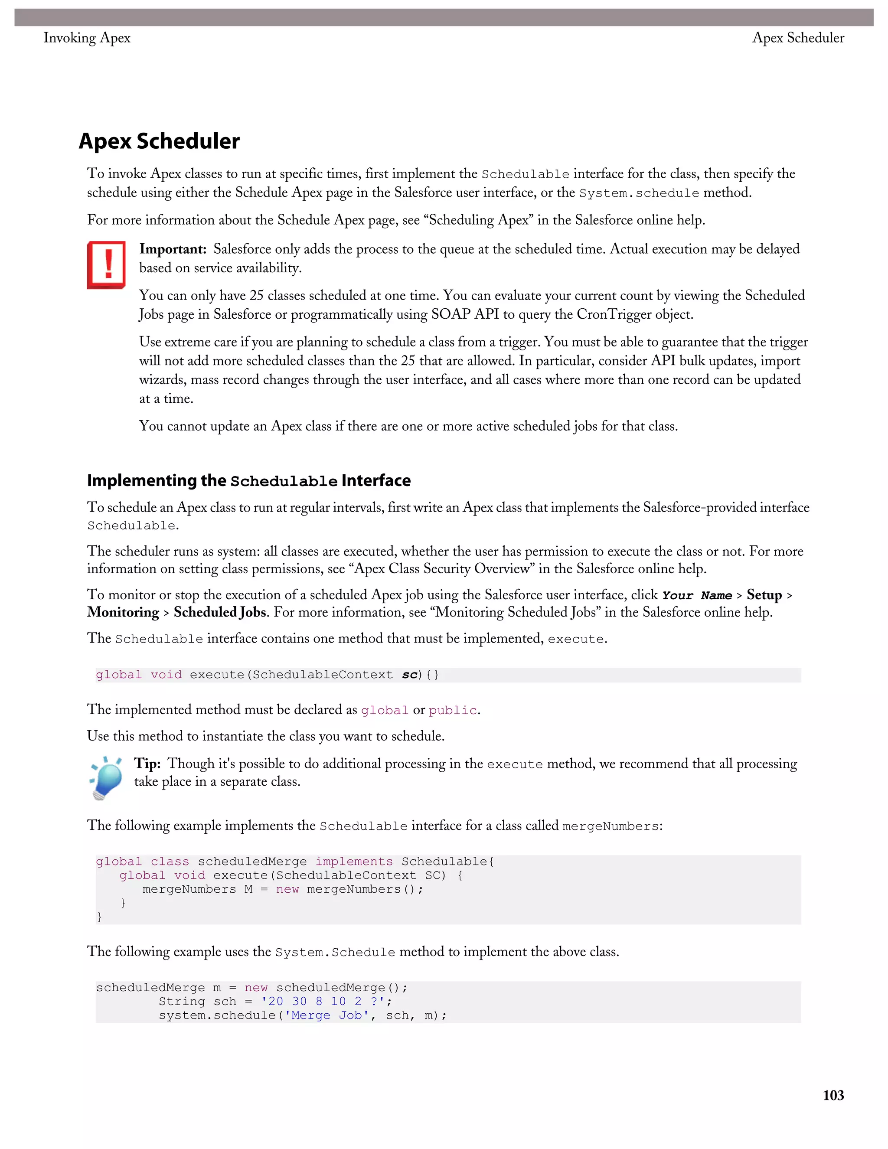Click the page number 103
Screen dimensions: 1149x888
click(x=833, y=1095)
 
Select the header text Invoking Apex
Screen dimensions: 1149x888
click(x=87, y=38)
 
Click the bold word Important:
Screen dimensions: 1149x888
click(x=173, y=249)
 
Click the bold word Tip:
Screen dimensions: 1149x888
click(x=147, y=764)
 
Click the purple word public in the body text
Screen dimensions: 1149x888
click(x=452, y=710)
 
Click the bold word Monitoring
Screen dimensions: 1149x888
click(x=123, y=612)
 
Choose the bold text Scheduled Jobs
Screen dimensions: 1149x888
click(x=220, y=612)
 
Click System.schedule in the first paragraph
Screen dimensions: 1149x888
click(x=639, y=193)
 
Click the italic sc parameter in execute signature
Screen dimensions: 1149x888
click(x=409, y=675)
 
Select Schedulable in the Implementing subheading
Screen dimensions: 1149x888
click(x=284, y=481)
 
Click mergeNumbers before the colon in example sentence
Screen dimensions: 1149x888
click(x=610, y=826)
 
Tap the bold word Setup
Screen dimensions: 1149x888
click(x=764, y=595)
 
